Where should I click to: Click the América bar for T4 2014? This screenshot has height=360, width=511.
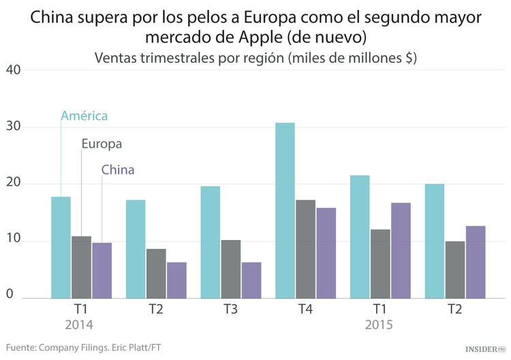(285, 211)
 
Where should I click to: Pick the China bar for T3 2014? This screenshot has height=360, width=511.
(251, 280)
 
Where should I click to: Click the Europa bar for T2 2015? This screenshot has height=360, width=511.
(454, 269)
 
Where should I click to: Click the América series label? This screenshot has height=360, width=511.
(84, 116)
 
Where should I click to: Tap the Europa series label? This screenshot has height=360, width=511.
(102, 144)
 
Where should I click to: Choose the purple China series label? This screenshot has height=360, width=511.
(118, 170)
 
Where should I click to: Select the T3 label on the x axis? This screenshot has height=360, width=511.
(230, 310)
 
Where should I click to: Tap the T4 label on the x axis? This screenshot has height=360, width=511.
(305, 310)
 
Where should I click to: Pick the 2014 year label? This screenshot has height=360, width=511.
(79, 325)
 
